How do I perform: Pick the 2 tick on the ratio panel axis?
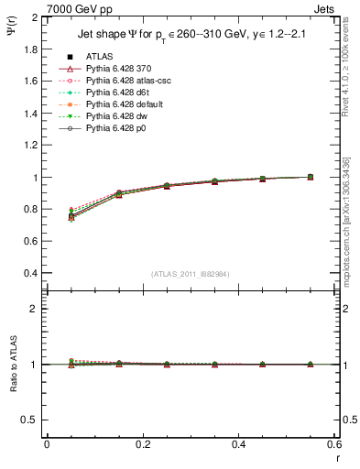(36, 309)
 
